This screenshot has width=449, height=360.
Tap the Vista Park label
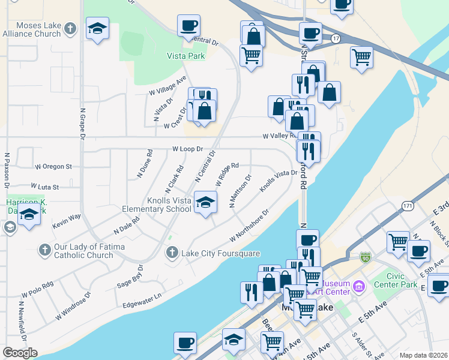coord(186,56)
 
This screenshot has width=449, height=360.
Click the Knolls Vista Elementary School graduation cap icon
coord(205,202)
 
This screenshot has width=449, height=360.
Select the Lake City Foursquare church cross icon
coord(173,253)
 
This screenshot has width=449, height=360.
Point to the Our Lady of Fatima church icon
coord(44,249)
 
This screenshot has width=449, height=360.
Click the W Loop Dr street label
coord(188,149)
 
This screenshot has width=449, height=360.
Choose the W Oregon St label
coord(53,166)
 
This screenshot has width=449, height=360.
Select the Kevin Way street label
coord(66,220)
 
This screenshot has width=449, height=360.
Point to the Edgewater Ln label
coord(142,296)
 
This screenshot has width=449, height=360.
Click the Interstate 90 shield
coord(366,257)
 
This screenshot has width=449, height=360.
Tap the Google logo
coord(20,353)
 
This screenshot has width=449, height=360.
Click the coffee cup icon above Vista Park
coord(188,26)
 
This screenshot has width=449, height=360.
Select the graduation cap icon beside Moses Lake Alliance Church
coord(97,29)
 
